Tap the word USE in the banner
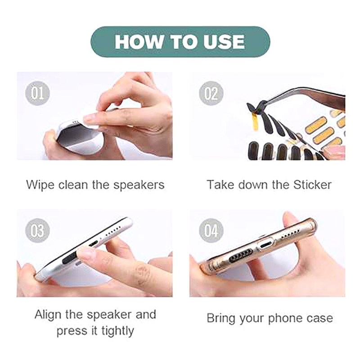coord(224,42)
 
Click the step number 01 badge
coord(37,93)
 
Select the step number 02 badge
coord(211,93)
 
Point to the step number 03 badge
coord(37,230)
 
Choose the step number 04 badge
coord(211,230)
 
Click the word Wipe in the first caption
coord(40,185)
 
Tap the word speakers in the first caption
coord(139,185)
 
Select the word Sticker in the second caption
coord(312,184)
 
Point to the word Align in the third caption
coord(48,315)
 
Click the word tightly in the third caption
coord(117,331)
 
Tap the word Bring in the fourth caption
coord(221,319)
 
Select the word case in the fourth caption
coord(320,319)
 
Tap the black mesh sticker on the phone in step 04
coord(241,256)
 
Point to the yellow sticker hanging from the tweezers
coord(255,121)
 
